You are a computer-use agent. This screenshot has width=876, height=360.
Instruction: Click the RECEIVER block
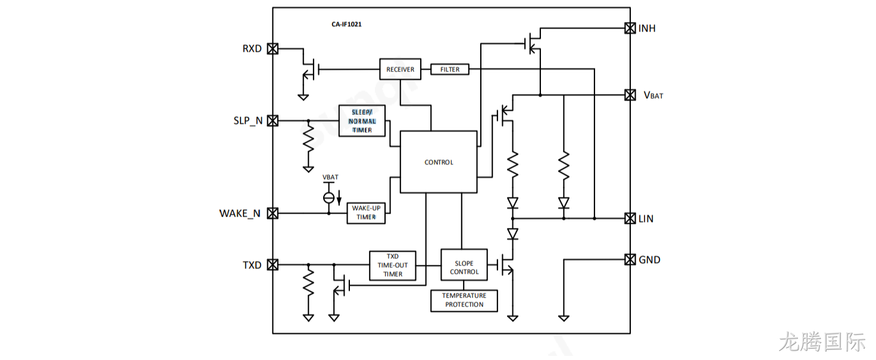pos(400,69)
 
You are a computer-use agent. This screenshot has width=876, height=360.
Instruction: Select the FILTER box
pos(450,69)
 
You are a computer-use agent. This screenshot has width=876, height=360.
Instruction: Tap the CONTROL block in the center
pos(439,162)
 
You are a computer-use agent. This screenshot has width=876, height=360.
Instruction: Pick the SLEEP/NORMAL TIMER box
pos(362,121)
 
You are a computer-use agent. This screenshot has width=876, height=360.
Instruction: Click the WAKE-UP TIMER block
pos(366,213)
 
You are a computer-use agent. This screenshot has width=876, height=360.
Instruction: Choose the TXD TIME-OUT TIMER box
pos(393,265)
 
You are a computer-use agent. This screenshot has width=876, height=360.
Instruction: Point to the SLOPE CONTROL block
pos(464,265)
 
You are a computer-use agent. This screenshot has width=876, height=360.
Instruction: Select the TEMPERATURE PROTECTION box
pos(464,300)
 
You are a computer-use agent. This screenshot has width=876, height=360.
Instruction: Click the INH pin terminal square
pos(630,28)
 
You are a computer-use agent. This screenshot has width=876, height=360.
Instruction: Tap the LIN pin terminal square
pos(630,218)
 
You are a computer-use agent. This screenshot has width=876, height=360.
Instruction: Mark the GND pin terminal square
pos(630,259)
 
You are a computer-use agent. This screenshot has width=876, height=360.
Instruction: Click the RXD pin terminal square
pos(273,49)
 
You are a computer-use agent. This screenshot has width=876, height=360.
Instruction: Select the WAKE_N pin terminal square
pos(273,214)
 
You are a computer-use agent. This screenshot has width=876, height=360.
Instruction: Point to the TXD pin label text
pos(252,265)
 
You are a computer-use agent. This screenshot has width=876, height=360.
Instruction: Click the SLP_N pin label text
pos(248,121)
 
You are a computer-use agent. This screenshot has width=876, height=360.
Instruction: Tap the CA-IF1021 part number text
pos(346,24)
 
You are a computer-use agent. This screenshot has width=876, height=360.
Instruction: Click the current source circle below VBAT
pos(329,198)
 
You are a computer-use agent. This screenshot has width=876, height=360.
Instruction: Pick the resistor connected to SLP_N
pos(308,137)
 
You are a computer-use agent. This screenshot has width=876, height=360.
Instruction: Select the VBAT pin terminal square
pos(630,95)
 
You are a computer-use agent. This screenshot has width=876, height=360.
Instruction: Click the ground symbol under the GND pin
pos(564,318)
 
